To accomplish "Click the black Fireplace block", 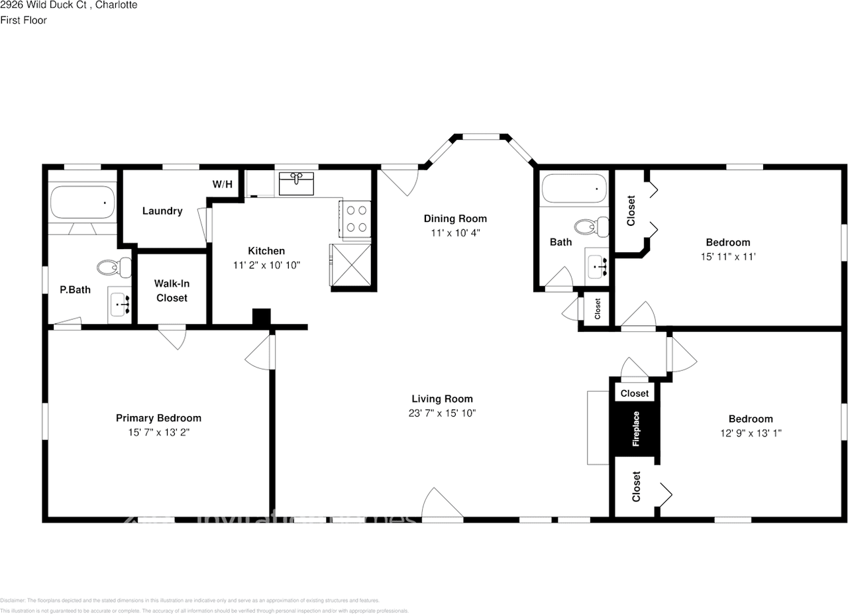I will (x=635, y=429).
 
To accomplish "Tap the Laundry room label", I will (x=162, y=211).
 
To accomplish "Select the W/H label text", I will (x=223, y=184).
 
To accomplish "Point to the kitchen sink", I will (x=296, y=183).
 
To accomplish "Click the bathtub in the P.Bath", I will (x=83, y=202).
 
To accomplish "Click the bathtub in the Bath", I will (x=574, y=189).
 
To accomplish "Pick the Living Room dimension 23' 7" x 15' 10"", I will (x=442, y=413).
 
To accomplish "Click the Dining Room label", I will (x=455, y=219).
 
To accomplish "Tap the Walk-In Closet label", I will (x=172, y=291).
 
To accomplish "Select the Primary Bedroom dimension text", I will (x=158, y=432).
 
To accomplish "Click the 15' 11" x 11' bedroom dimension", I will (x=727, y=256).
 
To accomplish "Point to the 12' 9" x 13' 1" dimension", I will (x=751, y=433).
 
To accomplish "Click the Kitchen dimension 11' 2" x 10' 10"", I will (x=266, y=265).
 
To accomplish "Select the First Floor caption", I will (x=23, y=21).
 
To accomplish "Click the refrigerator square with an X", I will (x=350, y=264).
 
